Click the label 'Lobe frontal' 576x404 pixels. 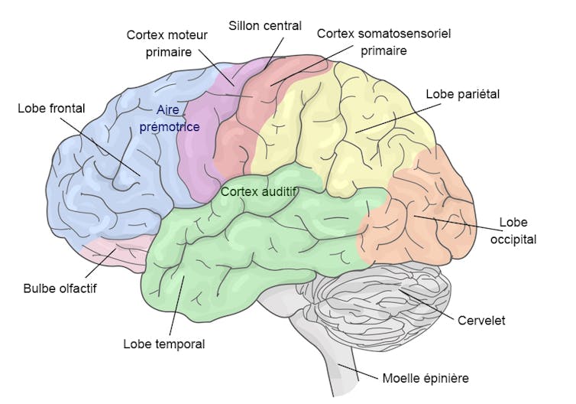point(51,108)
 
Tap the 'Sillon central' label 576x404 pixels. point(265,26)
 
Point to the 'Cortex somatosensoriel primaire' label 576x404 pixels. point(361,42)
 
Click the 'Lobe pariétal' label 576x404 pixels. point(462,94)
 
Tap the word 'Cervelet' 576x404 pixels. point(482,321)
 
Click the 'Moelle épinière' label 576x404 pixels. point(425,378)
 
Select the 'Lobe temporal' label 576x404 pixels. point(164,344)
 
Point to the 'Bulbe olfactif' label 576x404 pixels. point(60,288)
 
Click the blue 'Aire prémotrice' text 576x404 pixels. point(170,119)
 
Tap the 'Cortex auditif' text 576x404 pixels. point(257,191)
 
